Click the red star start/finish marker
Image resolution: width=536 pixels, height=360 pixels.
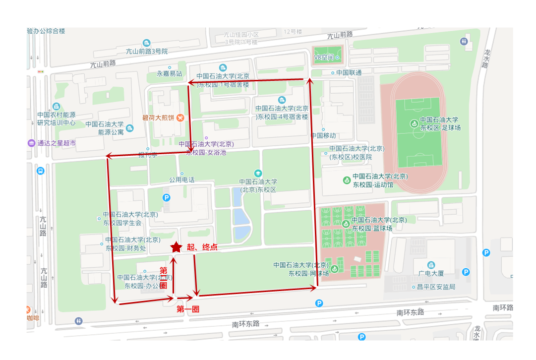[176, 247]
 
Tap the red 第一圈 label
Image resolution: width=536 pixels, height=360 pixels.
[188, 309]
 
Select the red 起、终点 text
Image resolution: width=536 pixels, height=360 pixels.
[202, 247]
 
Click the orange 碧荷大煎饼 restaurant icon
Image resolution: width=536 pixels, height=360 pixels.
[180, 118]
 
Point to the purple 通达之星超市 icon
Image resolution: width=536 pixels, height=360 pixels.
[32, 143]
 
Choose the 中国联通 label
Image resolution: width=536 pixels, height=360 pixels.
[349, 72]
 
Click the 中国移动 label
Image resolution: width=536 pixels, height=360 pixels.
[323, 135]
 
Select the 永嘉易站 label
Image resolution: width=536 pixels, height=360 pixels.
[170, 73]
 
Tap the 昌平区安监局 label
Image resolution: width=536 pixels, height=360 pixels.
[436, 287]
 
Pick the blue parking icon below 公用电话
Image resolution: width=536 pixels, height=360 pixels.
[167, 198]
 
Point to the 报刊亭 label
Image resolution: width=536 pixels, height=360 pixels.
[148, 155]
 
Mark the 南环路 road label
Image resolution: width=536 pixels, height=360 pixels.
[502, 308]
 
